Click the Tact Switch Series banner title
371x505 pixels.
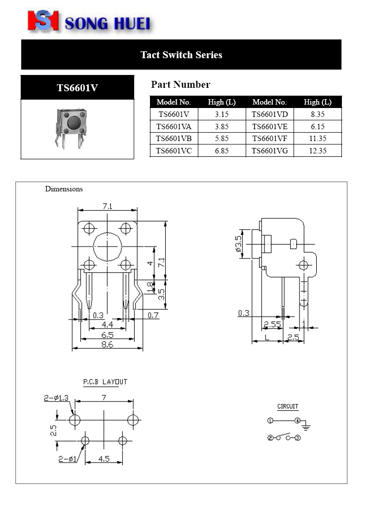click(181, 55)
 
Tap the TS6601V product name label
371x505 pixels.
click(77, 88)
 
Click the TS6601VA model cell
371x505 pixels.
click(174, 126)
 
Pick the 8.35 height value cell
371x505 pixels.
click(318, 114)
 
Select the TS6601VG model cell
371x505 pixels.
click(269, 151)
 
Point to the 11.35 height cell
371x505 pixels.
click(318, 139)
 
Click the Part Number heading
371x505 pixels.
click(181, 85)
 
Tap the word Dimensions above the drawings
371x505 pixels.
click(64, 189)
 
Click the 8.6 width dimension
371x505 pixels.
click(107, 345)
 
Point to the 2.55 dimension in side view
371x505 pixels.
click(272, 325)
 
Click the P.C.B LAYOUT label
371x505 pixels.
click(105, 382)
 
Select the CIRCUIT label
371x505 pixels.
click(288, 406)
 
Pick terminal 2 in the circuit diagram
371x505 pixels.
click(270, 437)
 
